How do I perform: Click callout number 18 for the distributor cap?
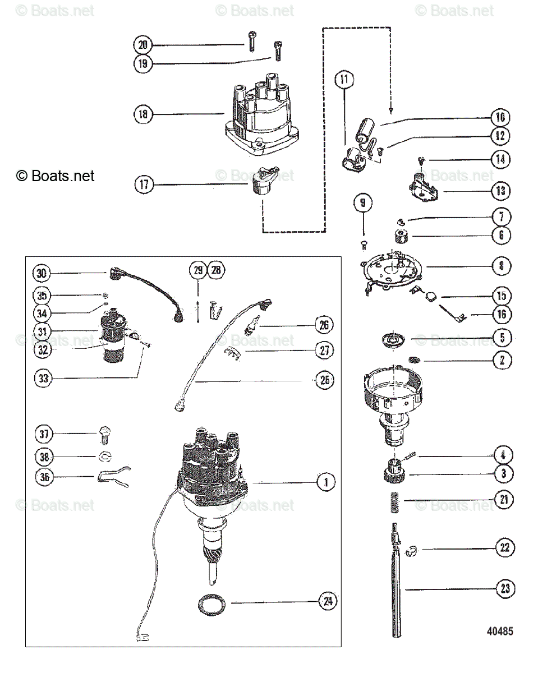pos(144,114)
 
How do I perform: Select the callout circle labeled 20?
pos(144,44)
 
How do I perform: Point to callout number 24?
pos(327,602)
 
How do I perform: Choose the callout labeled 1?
pos(325,482)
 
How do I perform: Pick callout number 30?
pos(42,273)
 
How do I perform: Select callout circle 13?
pos(501,191)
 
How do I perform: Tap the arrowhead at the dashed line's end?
pos(375,109)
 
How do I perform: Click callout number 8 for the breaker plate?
pos(501,266)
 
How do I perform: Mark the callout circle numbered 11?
pos(344,80)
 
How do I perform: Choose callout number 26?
pos(324,325)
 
